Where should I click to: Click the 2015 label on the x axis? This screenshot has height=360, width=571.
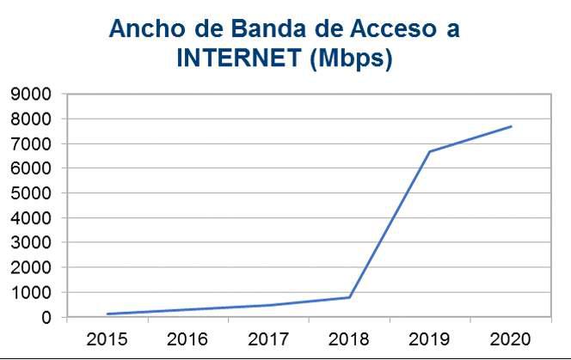107,338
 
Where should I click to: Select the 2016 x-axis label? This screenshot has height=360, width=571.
188,338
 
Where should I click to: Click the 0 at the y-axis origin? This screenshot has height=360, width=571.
47,318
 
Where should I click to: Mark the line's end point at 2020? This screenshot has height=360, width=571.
511,126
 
